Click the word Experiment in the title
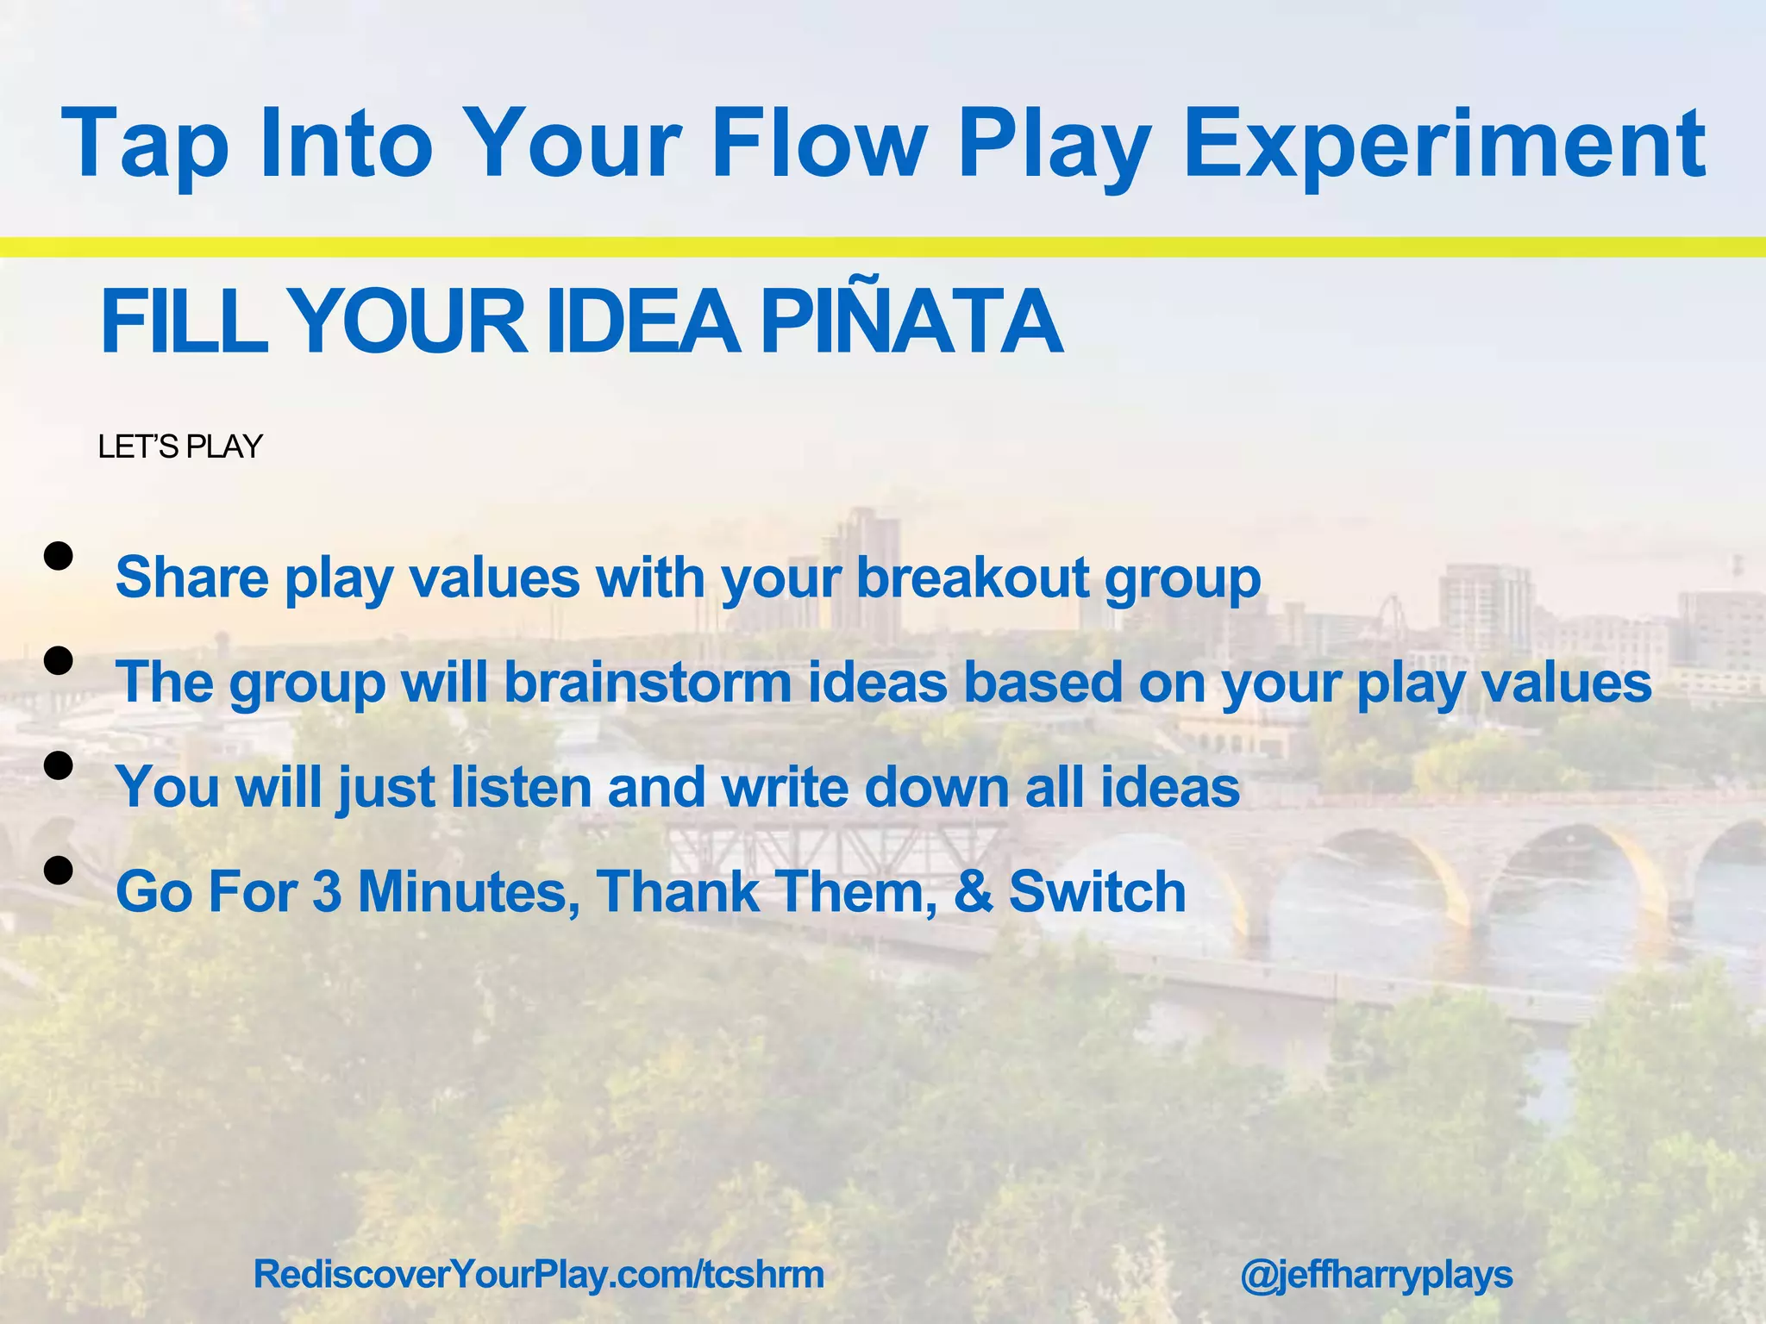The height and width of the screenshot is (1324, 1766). click(1443, 142)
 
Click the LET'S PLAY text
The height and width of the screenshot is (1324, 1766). click(179, 447)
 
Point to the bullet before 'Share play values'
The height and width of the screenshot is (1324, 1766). click(58, 557)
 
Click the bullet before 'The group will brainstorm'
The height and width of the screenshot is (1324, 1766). click(58, 661)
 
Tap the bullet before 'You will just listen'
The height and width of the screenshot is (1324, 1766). click(58, 765)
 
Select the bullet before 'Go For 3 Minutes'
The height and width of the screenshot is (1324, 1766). click(58, 871)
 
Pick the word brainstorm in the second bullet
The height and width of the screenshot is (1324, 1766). click(647, 682)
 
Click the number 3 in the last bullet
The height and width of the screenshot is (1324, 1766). click(328, 891)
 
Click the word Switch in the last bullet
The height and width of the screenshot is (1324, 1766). click(1097, 891)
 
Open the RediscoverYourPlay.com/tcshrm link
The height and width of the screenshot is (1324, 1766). click(539, 1274)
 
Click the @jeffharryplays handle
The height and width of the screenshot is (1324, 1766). click(1376, 1274)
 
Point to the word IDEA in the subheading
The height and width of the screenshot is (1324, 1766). click(642, 321)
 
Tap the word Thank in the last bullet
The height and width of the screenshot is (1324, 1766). click(677, 891)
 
